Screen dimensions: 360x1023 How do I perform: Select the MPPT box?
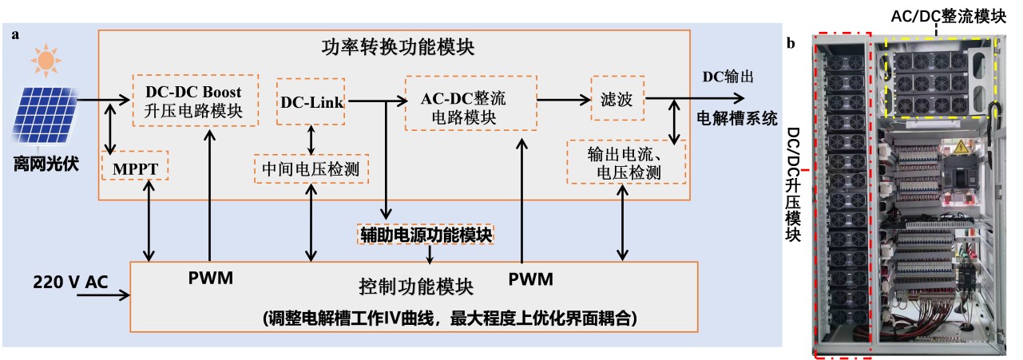135,168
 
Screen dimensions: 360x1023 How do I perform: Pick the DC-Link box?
311,101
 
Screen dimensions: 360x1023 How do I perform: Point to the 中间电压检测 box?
311,168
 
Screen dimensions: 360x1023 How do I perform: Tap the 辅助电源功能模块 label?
426,234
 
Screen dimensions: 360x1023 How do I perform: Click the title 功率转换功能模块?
393,47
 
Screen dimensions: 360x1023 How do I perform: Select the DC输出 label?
727,76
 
